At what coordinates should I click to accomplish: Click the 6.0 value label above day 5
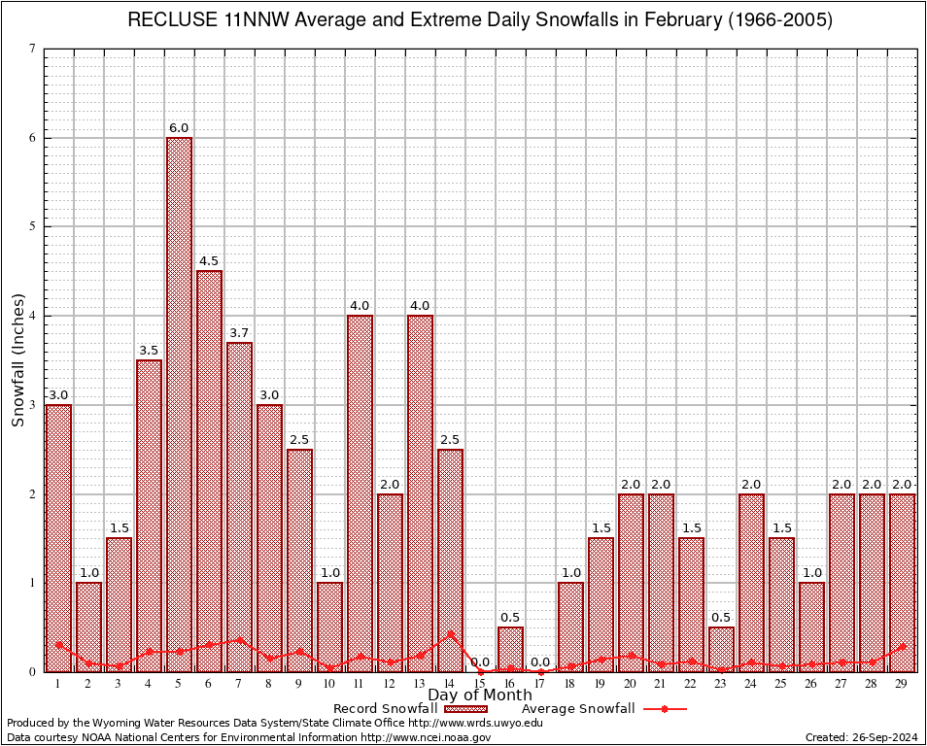point(179,128)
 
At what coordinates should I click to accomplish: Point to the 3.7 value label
point(239,333)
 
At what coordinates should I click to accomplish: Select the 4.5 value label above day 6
point(209,261)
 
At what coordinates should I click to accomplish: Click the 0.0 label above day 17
point(540,662)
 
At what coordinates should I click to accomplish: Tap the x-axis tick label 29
point(902,684)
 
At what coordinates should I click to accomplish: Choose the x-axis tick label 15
point(480,684)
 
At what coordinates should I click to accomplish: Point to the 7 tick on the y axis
point(33,49)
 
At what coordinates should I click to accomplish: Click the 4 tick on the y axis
point(33,316)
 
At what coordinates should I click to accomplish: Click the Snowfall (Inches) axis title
point(17,360)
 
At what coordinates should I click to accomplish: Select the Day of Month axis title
point(479,695)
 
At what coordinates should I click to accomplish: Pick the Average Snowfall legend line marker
point(664,709)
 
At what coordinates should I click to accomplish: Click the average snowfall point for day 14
point(450,634)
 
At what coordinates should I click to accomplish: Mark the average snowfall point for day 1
point(58,644)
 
